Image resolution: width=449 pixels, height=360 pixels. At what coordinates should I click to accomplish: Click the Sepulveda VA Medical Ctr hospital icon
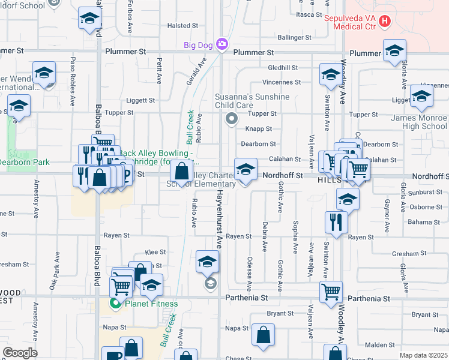click(x=385, y=22)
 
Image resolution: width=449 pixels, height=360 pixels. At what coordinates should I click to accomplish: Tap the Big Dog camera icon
click(x=222, y=44)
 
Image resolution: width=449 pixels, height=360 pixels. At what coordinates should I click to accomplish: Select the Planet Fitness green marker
click(x=115, y=304)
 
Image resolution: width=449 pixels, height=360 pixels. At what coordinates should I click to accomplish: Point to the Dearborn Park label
click(x=23, y=162)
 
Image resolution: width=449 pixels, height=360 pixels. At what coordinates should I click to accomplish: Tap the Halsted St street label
click(x=182, y=26)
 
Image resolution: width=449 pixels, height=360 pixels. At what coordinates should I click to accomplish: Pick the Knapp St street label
click(x=259, y=129)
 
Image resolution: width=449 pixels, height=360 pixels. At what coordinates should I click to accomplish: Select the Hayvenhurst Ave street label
click(x=220, y=218)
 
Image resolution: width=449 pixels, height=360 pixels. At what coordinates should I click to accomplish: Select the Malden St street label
click(x=376, y=345)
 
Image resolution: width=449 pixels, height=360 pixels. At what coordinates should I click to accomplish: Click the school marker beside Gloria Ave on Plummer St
click(x=394, y=50)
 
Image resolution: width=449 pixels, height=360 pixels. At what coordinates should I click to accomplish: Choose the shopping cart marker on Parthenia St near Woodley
click(x=331, y=292)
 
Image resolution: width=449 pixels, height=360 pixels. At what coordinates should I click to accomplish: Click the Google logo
click(x=20, y=352)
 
